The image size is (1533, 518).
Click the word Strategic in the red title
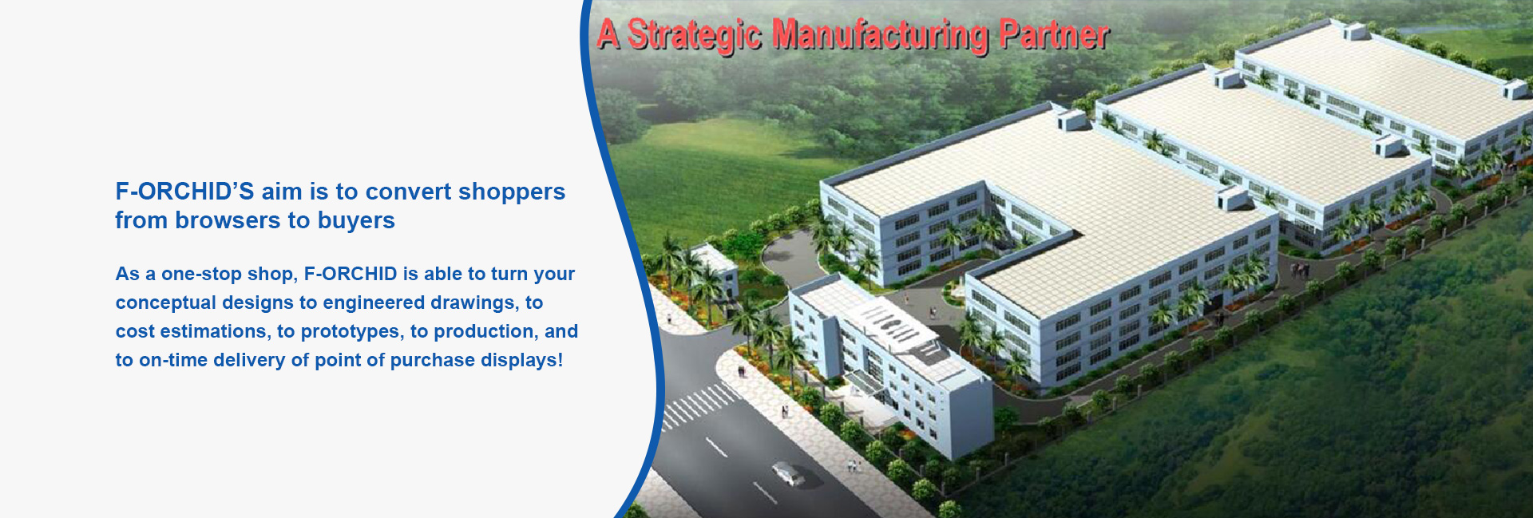click(695, 35)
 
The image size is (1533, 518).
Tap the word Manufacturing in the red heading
click(881, 35)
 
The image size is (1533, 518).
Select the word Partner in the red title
click(1054, 34)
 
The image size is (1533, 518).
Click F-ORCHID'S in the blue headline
click(184, 192)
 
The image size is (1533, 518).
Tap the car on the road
click(789, 473)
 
